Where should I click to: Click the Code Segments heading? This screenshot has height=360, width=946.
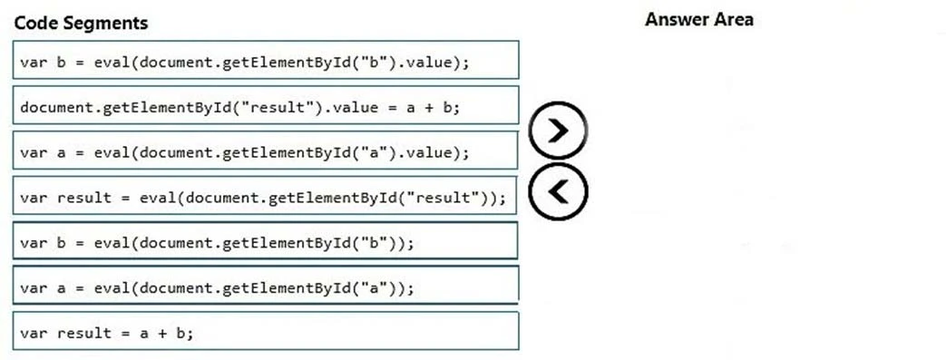pyautogui.click(x=81, y=23)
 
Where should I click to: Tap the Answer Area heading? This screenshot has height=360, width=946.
pyautogui.click(x=698, y=19)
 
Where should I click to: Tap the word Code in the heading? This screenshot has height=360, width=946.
pyautogui.click(x=34, y=23)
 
